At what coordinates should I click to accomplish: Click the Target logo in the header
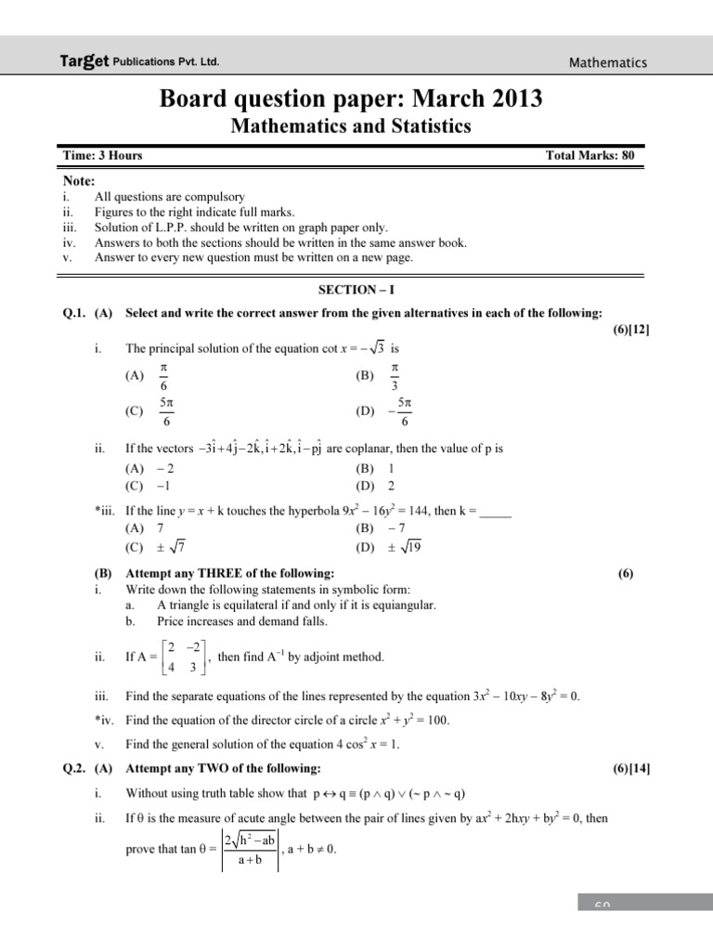pos(84,62)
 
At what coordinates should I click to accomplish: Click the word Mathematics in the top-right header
pos(608,62)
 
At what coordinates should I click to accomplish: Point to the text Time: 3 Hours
pos(102,156)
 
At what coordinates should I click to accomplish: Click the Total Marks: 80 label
pos(590,156)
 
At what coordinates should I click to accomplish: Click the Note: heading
pos(80,181)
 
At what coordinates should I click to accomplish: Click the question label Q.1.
pos(74,313)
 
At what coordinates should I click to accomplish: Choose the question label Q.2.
pos(74,768)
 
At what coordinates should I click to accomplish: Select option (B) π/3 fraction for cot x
pos(395,376)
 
